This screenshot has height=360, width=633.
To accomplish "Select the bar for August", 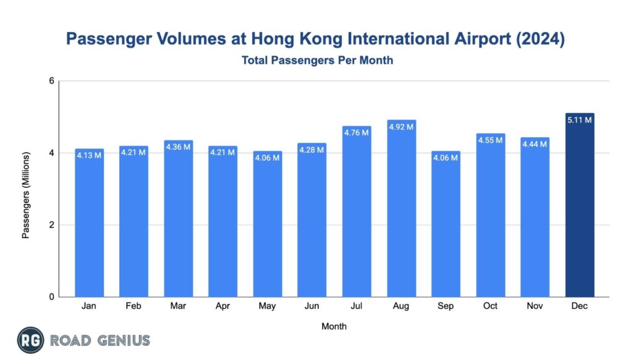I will (401, 210).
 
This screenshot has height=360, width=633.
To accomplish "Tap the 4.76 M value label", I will (357, 132).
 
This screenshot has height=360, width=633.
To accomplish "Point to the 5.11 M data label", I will (579, 120).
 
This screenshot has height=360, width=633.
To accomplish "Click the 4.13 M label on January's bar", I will (90, 155).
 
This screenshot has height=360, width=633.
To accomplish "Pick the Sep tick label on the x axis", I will (446, 306).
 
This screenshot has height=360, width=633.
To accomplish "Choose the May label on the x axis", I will (268, 306).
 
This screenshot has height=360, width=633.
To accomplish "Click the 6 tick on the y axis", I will (52, 81).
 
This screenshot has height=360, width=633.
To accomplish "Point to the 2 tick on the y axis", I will (52, 225).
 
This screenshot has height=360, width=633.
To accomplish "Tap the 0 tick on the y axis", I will (52, 297).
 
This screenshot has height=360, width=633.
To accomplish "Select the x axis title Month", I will (334, 326).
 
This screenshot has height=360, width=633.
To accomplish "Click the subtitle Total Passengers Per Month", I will (317, 61).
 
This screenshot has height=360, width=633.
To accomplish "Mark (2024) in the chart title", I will (542, 40).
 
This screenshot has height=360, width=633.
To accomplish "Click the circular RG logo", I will (30, 340).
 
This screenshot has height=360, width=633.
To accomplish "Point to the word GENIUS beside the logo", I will (124, 340).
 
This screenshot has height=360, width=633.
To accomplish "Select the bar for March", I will (179, 220).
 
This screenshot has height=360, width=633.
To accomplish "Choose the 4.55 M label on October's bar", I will (490, 140).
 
